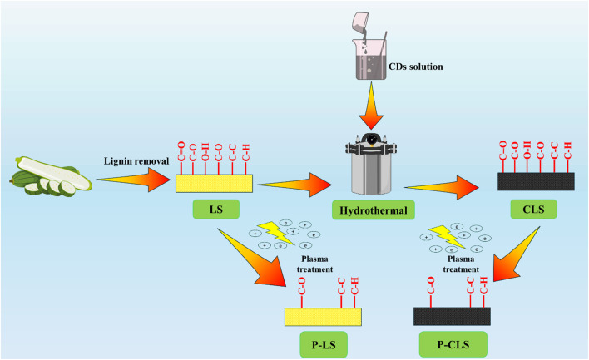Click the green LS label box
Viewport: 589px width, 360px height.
216,209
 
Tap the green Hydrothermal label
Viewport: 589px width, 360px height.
374,210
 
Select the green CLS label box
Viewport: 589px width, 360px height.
533,209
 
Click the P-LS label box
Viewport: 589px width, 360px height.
324,344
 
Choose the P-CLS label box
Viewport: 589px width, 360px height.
453,344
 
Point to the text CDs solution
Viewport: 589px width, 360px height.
415,67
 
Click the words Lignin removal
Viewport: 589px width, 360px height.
136,161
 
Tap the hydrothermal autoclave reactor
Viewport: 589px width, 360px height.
371,164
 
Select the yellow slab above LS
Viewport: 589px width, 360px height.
214,184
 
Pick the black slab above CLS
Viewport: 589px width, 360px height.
536,181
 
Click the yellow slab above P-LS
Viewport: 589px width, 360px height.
323,317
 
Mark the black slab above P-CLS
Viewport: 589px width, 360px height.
452,316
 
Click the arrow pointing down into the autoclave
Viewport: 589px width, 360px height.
371,105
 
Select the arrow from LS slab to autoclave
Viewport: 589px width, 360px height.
294,185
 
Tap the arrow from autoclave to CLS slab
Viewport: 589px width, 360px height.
442,187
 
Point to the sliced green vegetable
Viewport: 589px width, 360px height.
51,176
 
